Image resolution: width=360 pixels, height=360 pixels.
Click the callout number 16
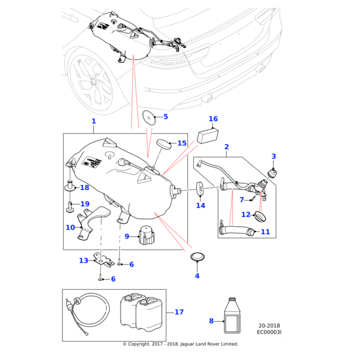(x=213, y=119)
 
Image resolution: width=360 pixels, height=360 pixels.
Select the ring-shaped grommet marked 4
(x=197, y=257)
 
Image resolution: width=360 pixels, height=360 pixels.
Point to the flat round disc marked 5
(x=148, y=116)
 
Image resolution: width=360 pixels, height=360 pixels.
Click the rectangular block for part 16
(x=207, y=134)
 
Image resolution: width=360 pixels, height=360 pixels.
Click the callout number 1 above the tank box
(x=94, y=121)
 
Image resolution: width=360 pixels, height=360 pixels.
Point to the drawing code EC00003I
(x=269, y=331)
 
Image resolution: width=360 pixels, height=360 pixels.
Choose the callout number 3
(x=274, y=157)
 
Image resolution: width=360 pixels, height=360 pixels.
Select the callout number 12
(x=245, y=215)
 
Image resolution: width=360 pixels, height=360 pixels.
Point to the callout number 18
(x=85, y=188)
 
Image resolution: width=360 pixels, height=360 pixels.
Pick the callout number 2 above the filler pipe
(x=227, y=147)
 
